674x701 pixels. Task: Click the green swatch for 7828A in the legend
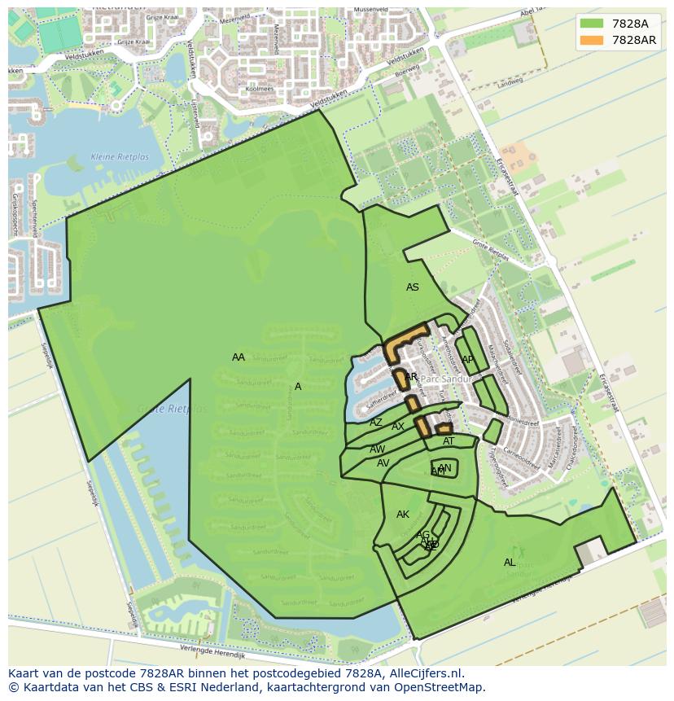pyautogui.click(x=593, y=24)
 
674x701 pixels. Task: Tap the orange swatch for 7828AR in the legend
pyautogui.click(x=593, y=40)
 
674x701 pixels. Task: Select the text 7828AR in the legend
pyautogui.click(x=634, y=40)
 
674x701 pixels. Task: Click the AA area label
pyautogui.click(x=239, y=357)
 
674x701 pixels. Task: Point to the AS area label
pyautogui.click(x=413, y=287)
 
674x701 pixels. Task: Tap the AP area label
pyautogui.click(x=468, y=360)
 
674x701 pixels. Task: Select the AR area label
pyautogui.click(x=411, y=377)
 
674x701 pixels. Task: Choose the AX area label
pyautogui.click(x=398, y=427)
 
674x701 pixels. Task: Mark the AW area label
pyautogui.click(x=378, y=449)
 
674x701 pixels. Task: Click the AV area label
pyautogui.click(x=383, y=463)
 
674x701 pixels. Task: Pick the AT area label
pyautogui.click(x=449, y=441)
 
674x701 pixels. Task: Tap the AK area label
pyautogui.click(x=403, y=515)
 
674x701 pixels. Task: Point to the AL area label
pyautogui.click(x=510, y=563)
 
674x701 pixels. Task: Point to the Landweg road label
pyautogui.click(x=511, y=82)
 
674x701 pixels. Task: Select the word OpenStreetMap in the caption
pyautogui.click(x=444, y=687)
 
